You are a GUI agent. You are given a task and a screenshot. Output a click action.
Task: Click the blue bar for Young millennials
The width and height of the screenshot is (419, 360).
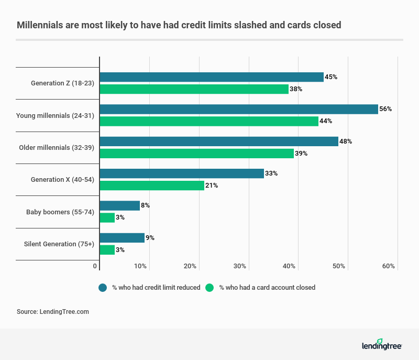[239, 109]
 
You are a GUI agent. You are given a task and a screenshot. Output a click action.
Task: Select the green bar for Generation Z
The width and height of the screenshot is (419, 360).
[194, 89]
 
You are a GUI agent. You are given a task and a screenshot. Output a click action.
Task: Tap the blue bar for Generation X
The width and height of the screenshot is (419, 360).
[182, 173]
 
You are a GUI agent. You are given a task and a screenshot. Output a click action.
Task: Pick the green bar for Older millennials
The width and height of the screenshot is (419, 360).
[196, 153]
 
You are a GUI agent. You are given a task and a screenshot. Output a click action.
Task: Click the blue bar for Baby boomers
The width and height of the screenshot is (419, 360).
[120, 205]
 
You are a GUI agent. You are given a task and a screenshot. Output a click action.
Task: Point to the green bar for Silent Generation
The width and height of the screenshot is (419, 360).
[107, 249]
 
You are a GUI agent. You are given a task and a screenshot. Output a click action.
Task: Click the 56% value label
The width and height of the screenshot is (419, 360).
[386, 109]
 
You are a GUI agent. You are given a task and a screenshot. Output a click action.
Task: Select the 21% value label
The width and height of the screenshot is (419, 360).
[212, 186]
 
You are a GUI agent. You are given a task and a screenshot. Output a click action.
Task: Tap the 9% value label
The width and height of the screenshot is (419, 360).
[150, 238]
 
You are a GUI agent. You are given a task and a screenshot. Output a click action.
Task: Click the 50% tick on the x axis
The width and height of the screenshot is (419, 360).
[339, 266]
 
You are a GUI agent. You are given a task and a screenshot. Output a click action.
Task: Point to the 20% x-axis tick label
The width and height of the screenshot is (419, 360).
[190, 266]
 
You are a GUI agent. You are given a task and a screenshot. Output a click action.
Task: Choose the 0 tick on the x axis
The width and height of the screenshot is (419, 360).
[95, 266]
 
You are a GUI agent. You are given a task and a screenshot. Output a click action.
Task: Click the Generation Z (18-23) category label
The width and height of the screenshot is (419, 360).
[62, 83]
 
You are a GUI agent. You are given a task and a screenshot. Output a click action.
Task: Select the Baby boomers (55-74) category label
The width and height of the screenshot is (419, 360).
[60, 212]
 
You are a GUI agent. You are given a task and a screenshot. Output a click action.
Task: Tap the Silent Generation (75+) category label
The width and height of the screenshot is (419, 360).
[59, 244]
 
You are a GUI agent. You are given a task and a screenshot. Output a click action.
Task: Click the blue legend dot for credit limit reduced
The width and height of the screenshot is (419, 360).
[103, 288]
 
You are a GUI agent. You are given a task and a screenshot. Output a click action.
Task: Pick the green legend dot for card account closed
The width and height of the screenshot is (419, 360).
[210, 288]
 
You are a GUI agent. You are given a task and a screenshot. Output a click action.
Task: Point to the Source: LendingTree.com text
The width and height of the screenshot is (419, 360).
[53, 311]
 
